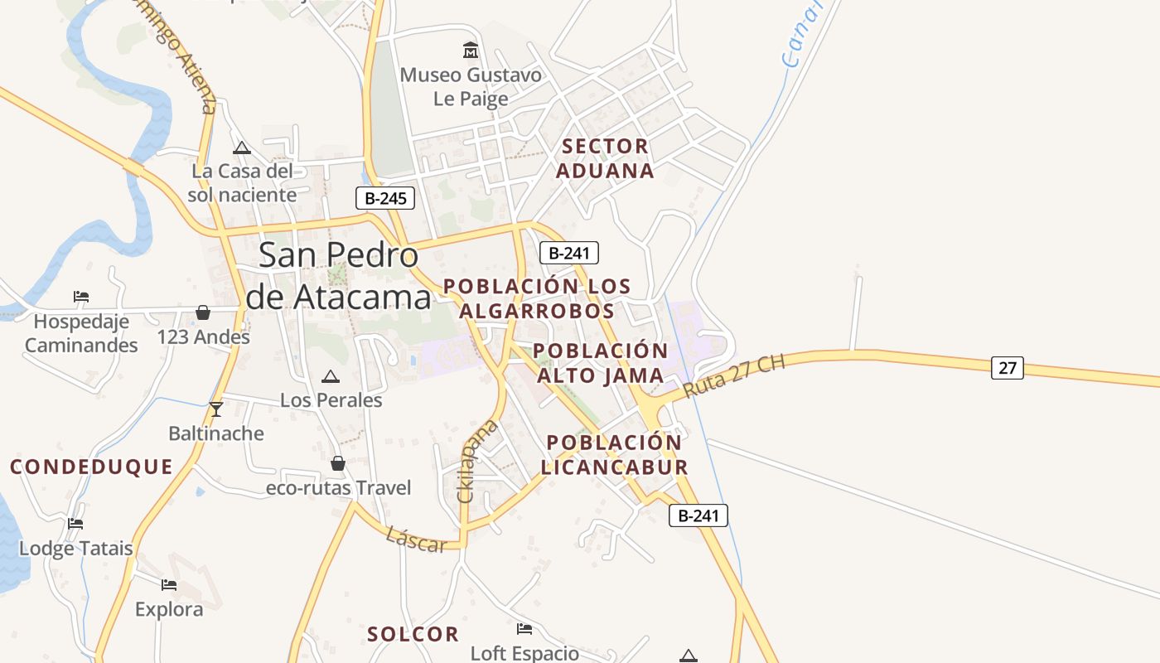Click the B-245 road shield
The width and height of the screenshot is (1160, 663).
tap(384, 199)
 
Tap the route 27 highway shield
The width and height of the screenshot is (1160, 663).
tap(1007, 367)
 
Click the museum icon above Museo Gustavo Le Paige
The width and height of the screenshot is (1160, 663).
tap(471, 51)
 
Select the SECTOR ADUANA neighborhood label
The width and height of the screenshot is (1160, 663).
tap(605, 158)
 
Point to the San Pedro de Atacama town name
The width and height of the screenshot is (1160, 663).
tap(339, 275)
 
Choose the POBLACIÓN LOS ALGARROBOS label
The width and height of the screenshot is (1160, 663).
tap(537, 298)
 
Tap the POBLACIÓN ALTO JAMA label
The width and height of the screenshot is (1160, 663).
tap(600, 363)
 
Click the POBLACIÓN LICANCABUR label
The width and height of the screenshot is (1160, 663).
tap(614, 454)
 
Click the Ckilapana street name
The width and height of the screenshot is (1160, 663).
tap(478, 460)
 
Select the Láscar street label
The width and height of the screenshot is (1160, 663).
tap(416, 539)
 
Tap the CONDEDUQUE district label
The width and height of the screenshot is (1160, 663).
tap(91, 467)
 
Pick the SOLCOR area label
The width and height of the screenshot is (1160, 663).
tap(413, 635)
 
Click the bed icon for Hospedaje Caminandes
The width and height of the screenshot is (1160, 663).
tap(80, 297)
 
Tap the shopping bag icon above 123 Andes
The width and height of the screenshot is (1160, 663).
tap(203, 312)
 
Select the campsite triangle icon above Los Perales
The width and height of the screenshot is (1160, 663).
tap(331, 376)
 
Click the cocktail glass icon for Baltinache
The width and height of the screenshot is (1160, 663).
tap(216, 409)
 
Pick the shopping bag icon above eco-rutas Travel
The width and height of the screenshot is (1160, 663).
tap(338, 462)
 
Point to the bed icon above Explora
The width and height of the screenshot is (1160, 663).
tap(169, 585)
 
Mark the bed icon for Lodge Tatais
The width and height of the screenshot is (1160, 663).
tap(75, 524)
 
